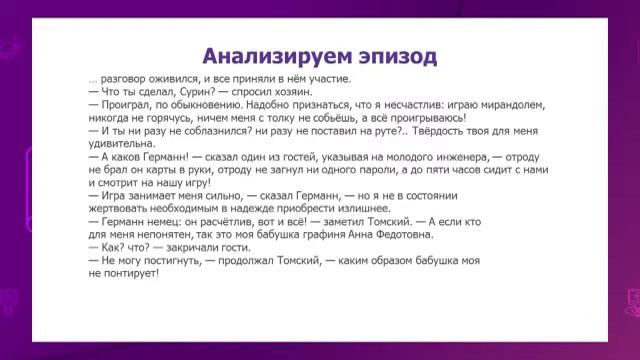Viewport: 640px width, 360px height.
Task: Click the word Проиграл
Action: tap(127, 104)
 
